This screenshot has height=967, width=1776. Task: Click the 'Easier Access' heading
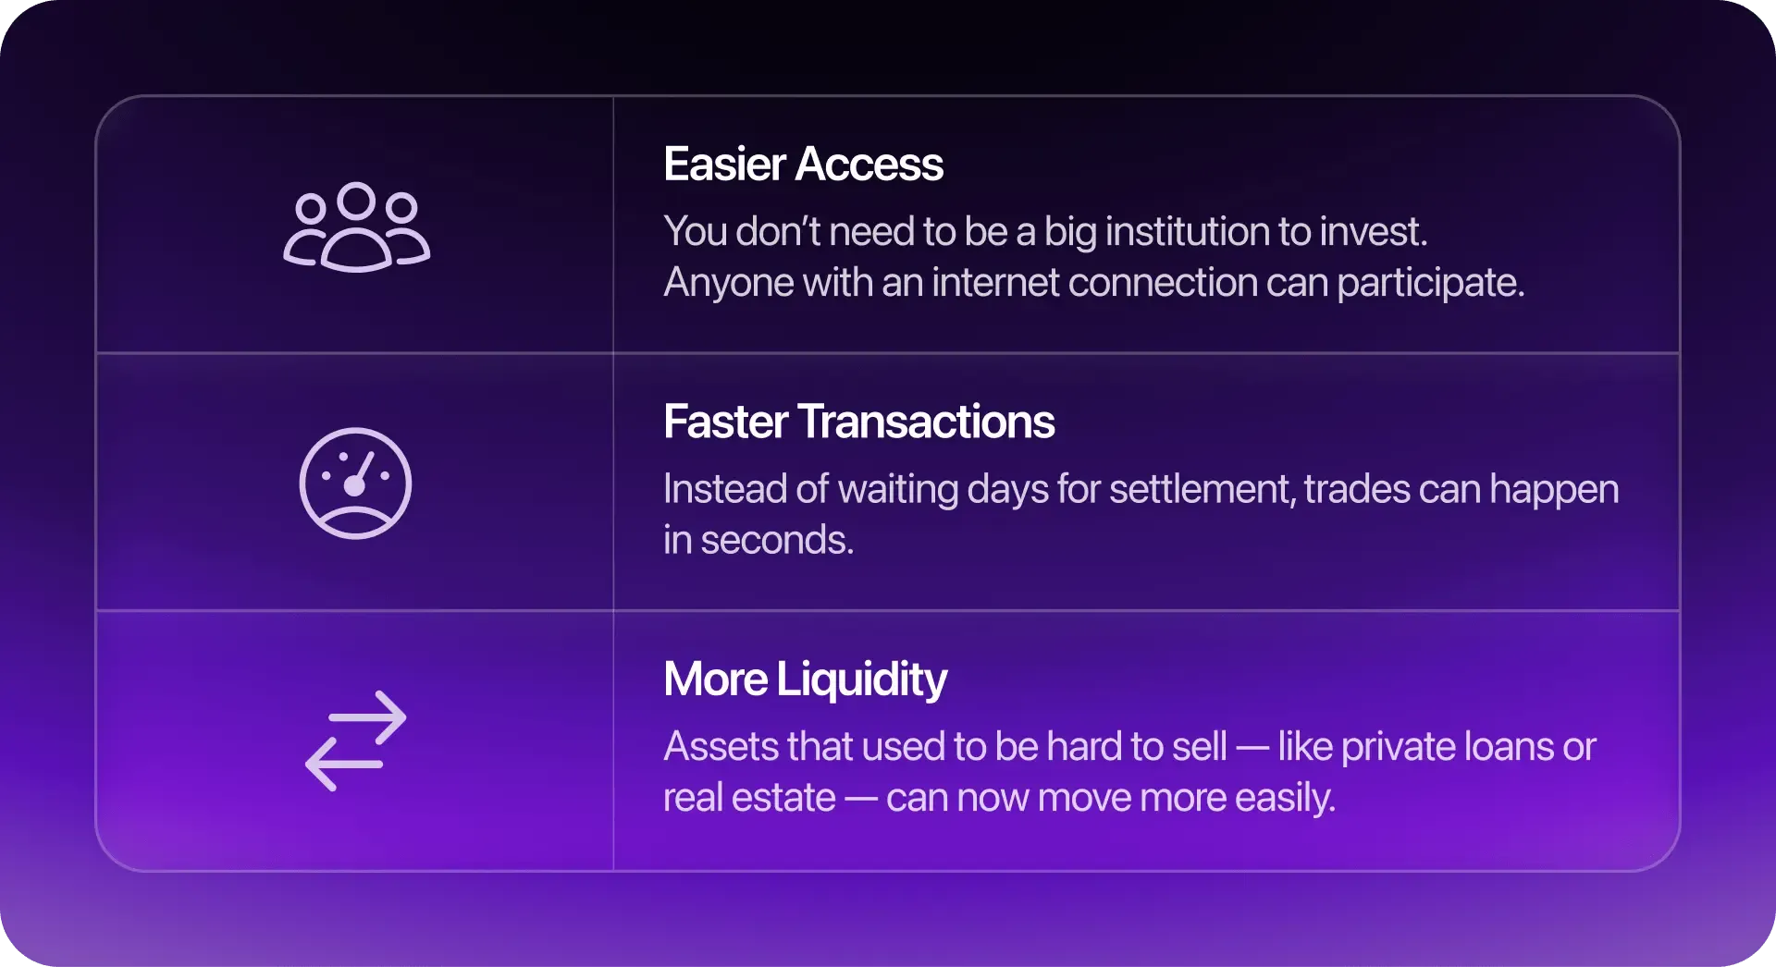[x=803, y=165]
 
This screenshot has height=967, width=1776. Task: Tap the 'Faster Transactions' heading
[x=858, y=422]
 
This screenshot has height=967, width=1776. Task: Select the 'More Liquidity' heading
[x=805, y=680]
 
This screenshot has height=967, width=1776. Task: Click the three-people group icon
[x=356, y=226]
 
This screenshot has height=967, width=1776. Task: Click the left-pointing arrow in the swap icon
[x=344, y=765]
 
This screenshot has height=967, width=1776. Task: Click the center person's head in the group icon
[x=356, y=200]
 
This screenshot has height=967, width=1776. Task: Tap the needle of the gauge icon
[x=361, y=471]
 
